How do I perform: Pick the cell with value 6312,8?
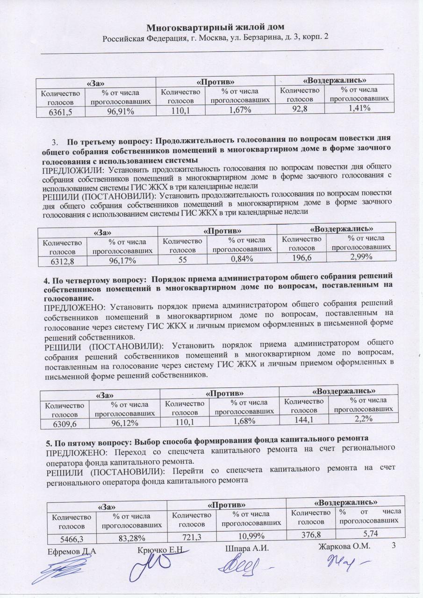pyautogui.click(x=62, y=261)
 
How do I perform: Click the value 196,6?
pyautogui.click(x=300, y=257)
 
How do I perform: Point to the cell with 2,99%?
pyautogui.click(x=360, y=256)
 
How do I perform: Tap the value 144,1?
pyautogui.click(x=304, y=420)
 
